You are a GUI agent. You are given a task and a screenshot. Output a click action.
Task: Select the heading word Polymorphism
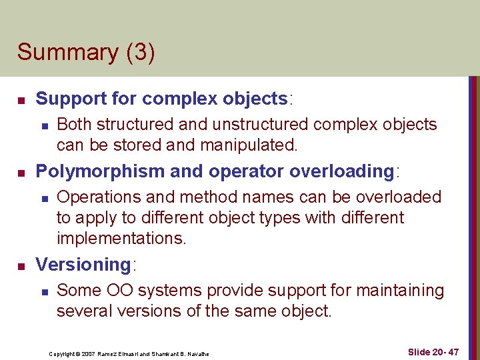[x=100, y=171]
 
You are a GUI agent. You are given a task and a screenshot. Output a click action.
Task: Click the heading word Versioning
[x=83, y=265]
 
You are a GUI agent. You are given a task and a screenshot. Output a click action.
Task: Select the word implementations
[x=120, y=238]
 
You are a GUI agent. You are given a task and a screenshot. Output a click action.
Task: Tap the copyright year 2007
[x=95, y=354]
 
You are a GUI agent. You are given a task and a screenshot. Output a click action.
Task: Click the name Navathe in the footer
[x=195, y=354]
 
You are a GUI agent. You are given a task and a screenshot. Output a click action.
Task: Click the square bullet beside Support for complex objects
[x=21, y=101]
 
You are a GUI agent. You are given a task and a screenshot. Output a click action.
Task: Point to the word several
[x=81, y=311]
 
